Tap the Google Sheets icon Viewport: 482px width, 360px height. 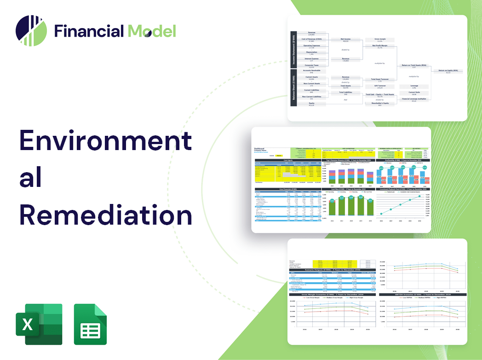(x=90, y=324)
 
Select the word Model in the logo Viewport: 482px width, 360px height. (x=152, y=31)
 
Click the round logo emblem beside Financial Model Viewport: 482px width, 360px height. (x=31, y=31)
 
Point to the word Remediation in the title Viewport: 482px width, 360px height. (x=105, y=214)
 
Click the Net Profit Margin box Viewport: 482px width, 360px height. (x=383, y=46)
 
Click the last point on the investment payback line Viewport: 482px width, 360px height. (x=419, y=197)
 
